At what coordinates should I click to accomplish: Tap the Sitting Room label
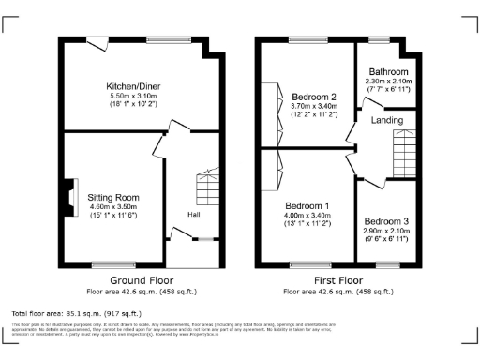click(x=113, y=198)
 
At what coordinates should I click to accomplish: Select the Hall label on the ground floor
click(x=193, y=215)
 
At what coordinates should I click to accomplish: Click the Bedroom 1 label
click(x=307, y=205)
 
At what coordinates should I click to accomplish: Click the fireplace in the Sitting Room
click(x=68, y=198)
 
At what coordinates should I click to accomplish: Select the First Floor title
click(x=337, y=280)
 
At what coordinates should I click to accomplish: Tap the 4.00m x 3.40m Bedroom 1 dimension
click(x=307, y=216)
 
